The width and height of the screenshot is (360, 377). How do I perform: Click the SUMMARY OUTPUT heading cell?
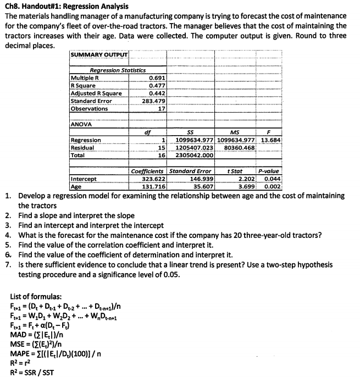[x=99, y=56]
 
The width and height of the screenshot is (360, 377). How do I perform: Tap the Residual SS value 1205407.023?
[x=194, y=148]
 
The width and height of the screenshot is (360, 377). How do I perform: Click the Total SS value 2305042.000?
[x=194, y=156]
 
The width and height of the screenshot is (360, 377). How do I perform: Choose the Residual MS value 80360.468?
[x=237, y=148]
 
